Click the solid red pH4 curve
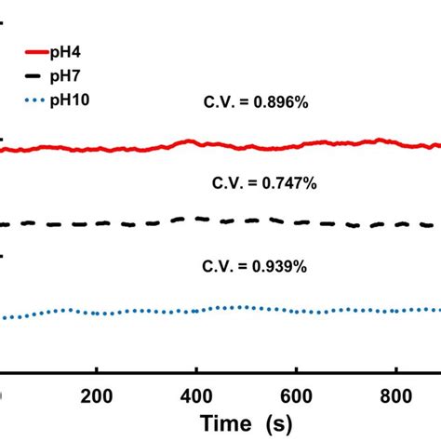pyautogui.click(x=233, y=146)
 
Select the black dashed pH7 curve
pyautogui.click(x=233, y=222)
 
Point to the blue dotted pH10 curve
pyautogui.click(x=233, y=308)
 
